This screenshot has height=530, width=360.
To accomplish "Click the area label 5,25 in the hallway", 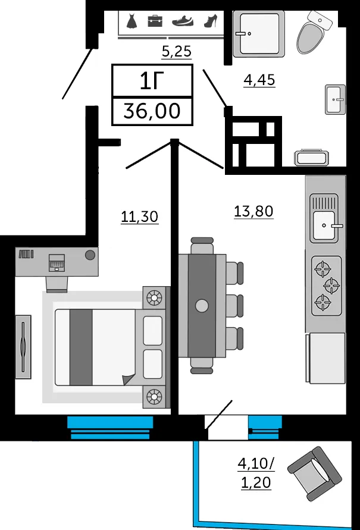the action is pos(177,51).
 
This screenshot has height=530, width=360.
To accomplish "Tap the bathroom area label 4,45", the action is pos(259,80).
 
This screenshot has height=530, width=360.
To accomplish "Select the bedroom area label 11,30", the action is pos(140,217).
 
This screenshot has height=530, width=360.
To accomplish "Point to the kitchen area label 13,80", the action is pos(253,211).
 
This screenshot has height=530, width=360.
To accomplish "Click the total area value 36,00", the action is pos(152,111).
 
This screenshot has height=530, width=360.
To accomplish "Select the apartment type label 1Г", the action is pos(152,81).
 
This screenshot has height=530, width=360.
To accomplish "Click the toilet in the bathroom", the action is pos(314,32).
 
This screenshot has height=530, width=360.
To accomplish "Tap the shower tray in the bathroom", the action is pos(259,34).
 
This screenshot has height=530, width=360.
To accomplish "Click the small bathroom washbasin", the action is pos(335,99).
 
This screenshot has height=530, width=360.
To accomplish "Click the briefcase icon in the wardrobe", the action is pos(155,21).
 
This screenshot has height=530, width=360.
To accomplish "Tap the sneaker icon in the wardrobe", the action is pos(183,21).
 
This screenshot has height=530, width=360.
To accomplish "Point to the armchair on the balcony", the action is pos(314,473).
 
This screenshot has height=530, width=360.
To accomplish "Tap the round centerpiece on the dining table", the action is pos(202,306).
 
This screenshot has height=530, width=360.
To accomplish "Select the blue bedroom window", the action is pos(110,428).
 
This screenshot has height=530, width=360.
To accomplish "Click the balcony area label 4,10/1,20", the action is pos(256,473).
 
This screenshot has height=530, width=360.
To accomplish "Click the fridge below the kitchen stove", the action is pos(326,358).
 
